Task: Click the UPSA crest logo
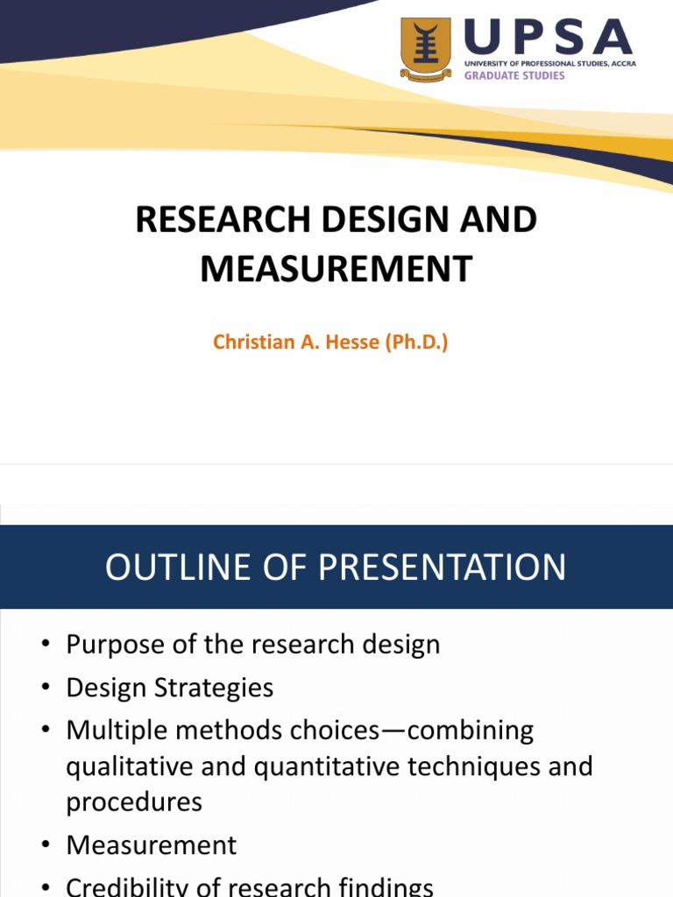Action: pyautogui.click(x=425, y=50)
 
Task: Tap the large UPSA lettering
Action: pyautogui.click(x=549, y=39)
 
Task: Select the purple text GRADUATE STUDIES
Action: pyautogui.click(x=514, y=76)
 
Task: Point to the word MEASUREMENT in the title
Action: pyautogui.click(x=336, y=269)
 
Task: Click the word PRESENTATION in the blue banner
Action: pyautogui.click(x=442, y=568)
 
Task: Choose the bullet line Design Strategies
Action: pyautogui.click(x=170, y=688)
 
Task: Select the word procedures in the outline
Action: pyautogui.click(x=134, y=802)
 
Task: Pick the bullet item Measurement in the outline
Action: pyautogui.click(x=152, y=845)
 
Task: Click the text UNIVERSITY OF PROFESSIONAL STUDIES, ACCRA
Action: pyautogui.click(x=550, y=64)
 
